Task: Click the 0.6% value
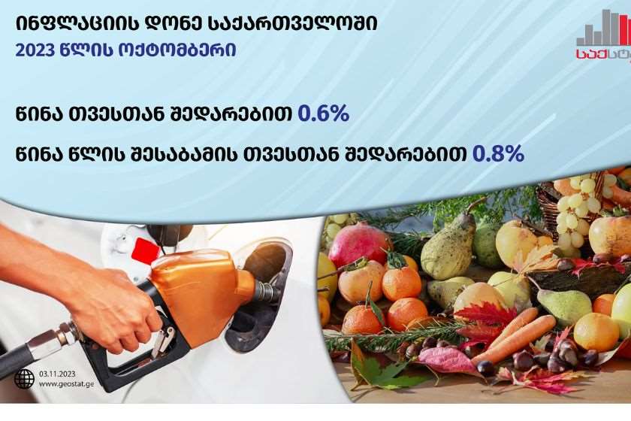pos(323,114)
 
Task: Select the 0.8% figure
pos(498,153)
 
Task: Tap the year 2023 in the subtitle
pos(35,51)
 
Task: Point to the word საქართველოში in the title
pos(293,24)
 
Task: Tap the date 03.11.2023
pos(57,374)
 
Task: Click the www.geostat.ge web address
pos(66,384)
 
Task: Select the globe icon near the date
pos(24,379)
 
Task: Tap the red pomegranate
pos(358,245)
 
